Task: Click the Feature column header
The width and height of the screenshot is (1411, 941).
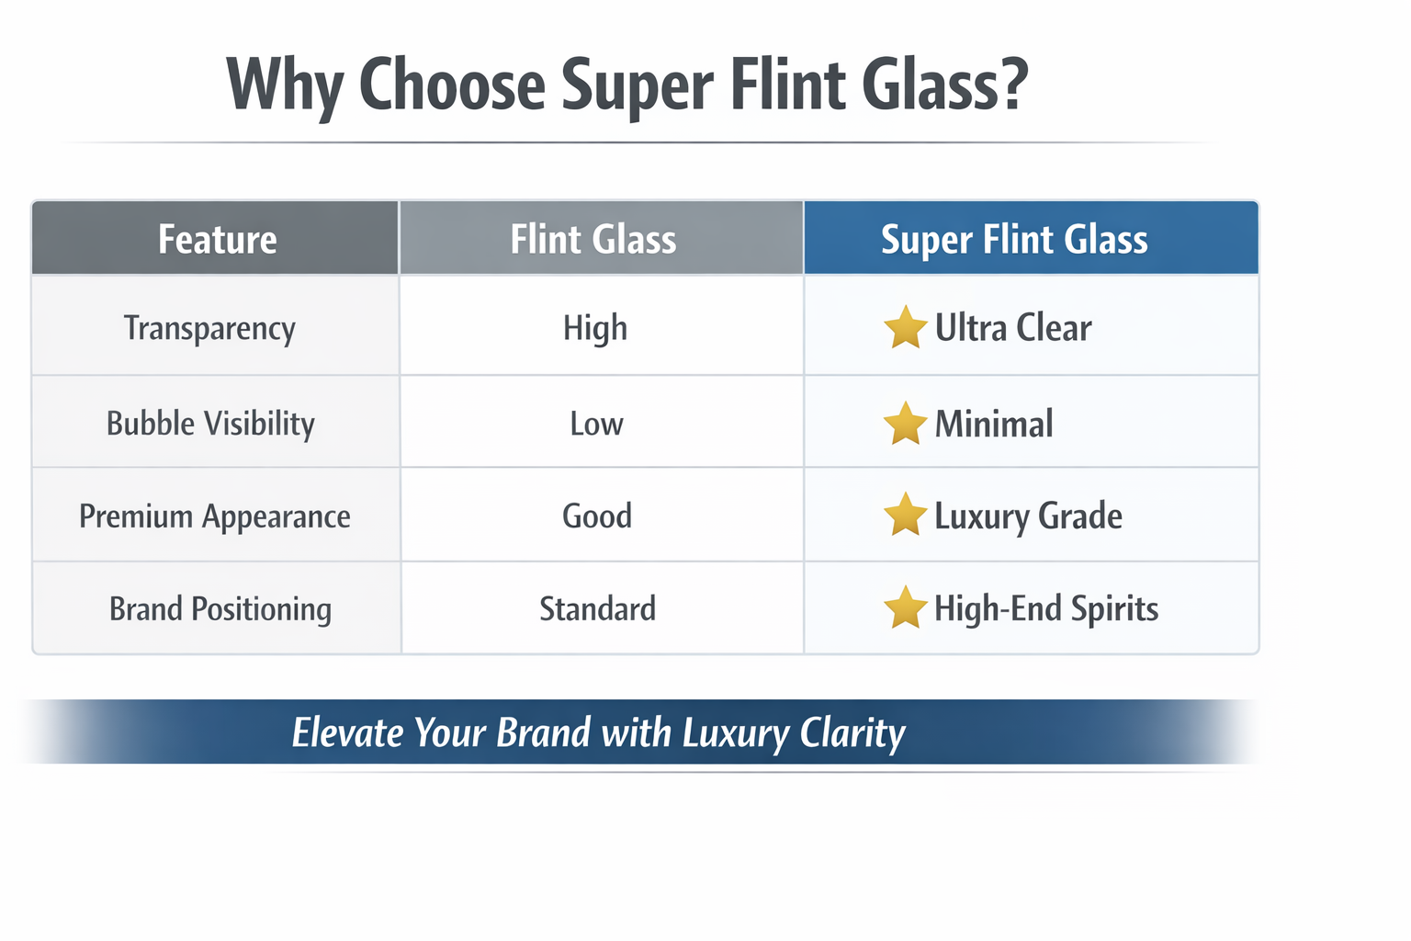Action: (x=217, y=239)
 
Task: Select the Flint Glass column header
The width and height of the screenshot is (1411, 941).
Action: (x=593, y=239)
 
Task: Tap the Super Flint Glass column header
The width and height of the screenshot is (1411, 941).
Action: (x=1014, y=239)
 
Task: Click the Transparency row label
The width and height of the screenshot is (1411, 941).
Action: (x=209, y=328)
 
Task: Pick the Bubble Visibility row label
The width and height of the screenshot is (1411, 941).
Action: (x=210, y=424)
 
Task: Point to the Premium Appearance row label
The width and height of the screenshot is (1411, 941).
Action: (x=215, y=516)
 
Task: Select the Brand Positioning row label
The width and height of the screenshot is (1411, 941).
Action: (x=220, y=609)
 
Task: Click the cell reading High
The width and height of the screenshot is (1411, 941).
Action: (x=595, y=328)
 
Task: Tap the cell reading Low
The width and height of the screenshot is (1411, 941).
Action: (x=596, y=424)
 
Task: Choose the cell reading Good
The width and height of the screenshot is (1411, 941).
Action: (x=597, y=516)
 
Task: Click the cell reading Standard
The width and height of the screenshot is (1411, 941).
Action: (x=597, y=609)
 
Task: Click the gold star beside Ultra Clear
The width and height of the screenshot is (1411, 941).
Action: (x=905, y=328)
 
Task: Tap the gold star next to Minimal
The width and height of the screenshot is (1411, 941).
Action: (x=905, y=424)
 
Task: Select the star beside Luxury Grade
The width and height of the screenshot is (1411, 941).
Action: (x=905, y=516)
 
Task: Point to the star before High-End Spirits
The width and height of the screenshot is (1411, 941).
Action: (x=905, y=608)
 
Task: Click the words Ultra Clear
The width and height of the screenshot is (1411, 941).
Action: (x=1013, y=328)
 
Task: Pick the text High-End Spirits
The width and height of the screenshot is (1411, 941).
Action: (x=1046, y=609)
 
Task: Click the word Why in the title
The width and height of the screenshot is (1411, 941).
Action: (x=284, y=85)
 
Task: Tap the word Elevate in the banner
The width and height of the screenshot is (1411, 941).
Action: (x=347, y=733)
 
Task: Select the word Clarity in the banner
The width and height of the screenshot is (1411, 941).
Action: (x=852, y=733)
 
